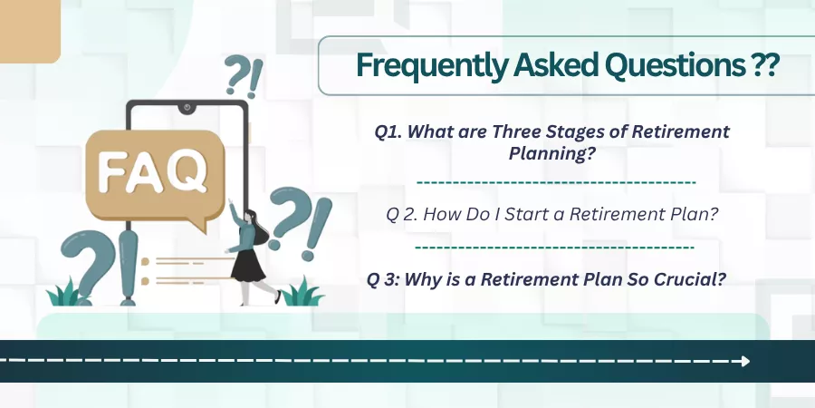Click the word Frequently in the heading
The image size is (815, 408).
[430, 65]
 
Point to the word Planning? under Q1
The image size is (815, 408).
[551, 153]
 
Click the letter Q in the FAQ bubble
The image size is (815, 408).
[187, 171]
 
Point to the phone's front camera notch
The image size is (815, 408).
[187, 108]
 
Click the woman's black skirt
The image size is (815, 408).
[247, 265]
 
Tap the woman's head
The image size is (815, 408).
[250, 215]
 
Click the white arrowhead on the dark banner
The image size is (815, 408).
[745, 361]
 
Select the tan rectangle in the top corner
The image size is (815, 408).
[30, 31]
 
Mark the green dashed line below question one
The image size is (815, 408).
[556, 182]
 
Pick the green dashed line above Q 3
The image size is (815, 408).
[554, 247]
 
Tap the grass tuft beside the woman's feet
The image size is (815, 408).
[302, 293]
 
